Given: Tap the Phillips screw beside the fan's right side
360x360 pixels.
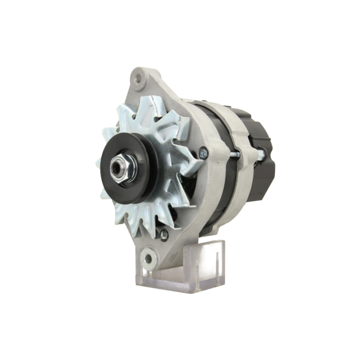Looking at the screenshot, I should (203, 154).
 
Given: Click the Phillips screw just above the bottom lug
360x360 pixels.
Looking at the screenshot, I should (164, 234).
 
